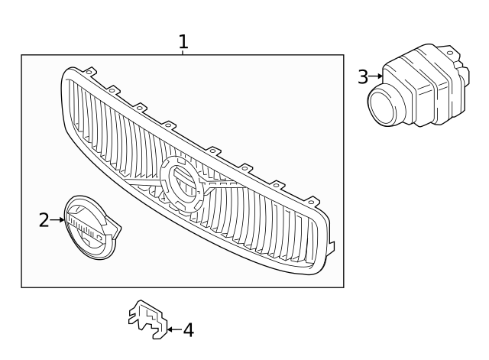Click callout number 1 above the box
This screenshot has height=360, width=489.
(x=183, y=41)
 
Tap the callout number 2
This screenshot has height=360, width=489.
(x=44, y=220)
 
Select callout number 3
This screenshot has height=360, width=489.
(x=362, y=76)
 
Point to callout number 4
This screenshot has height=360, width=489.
(x=188, y=330)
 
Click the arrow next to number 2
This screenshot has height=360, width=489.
(x=58, y=220)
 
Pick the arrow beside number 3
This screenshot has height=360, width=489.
(x=375, y=76)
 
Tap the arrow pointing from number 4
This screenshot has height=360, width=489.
(x=173, y=330)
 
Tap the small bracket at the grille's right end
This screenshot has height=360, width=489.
(x=330, y=246)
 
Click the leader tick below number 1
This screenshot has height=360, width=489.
(x=183, y=52)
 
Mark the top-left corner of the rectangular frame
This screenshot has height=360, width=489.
(x=21, y=55)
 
